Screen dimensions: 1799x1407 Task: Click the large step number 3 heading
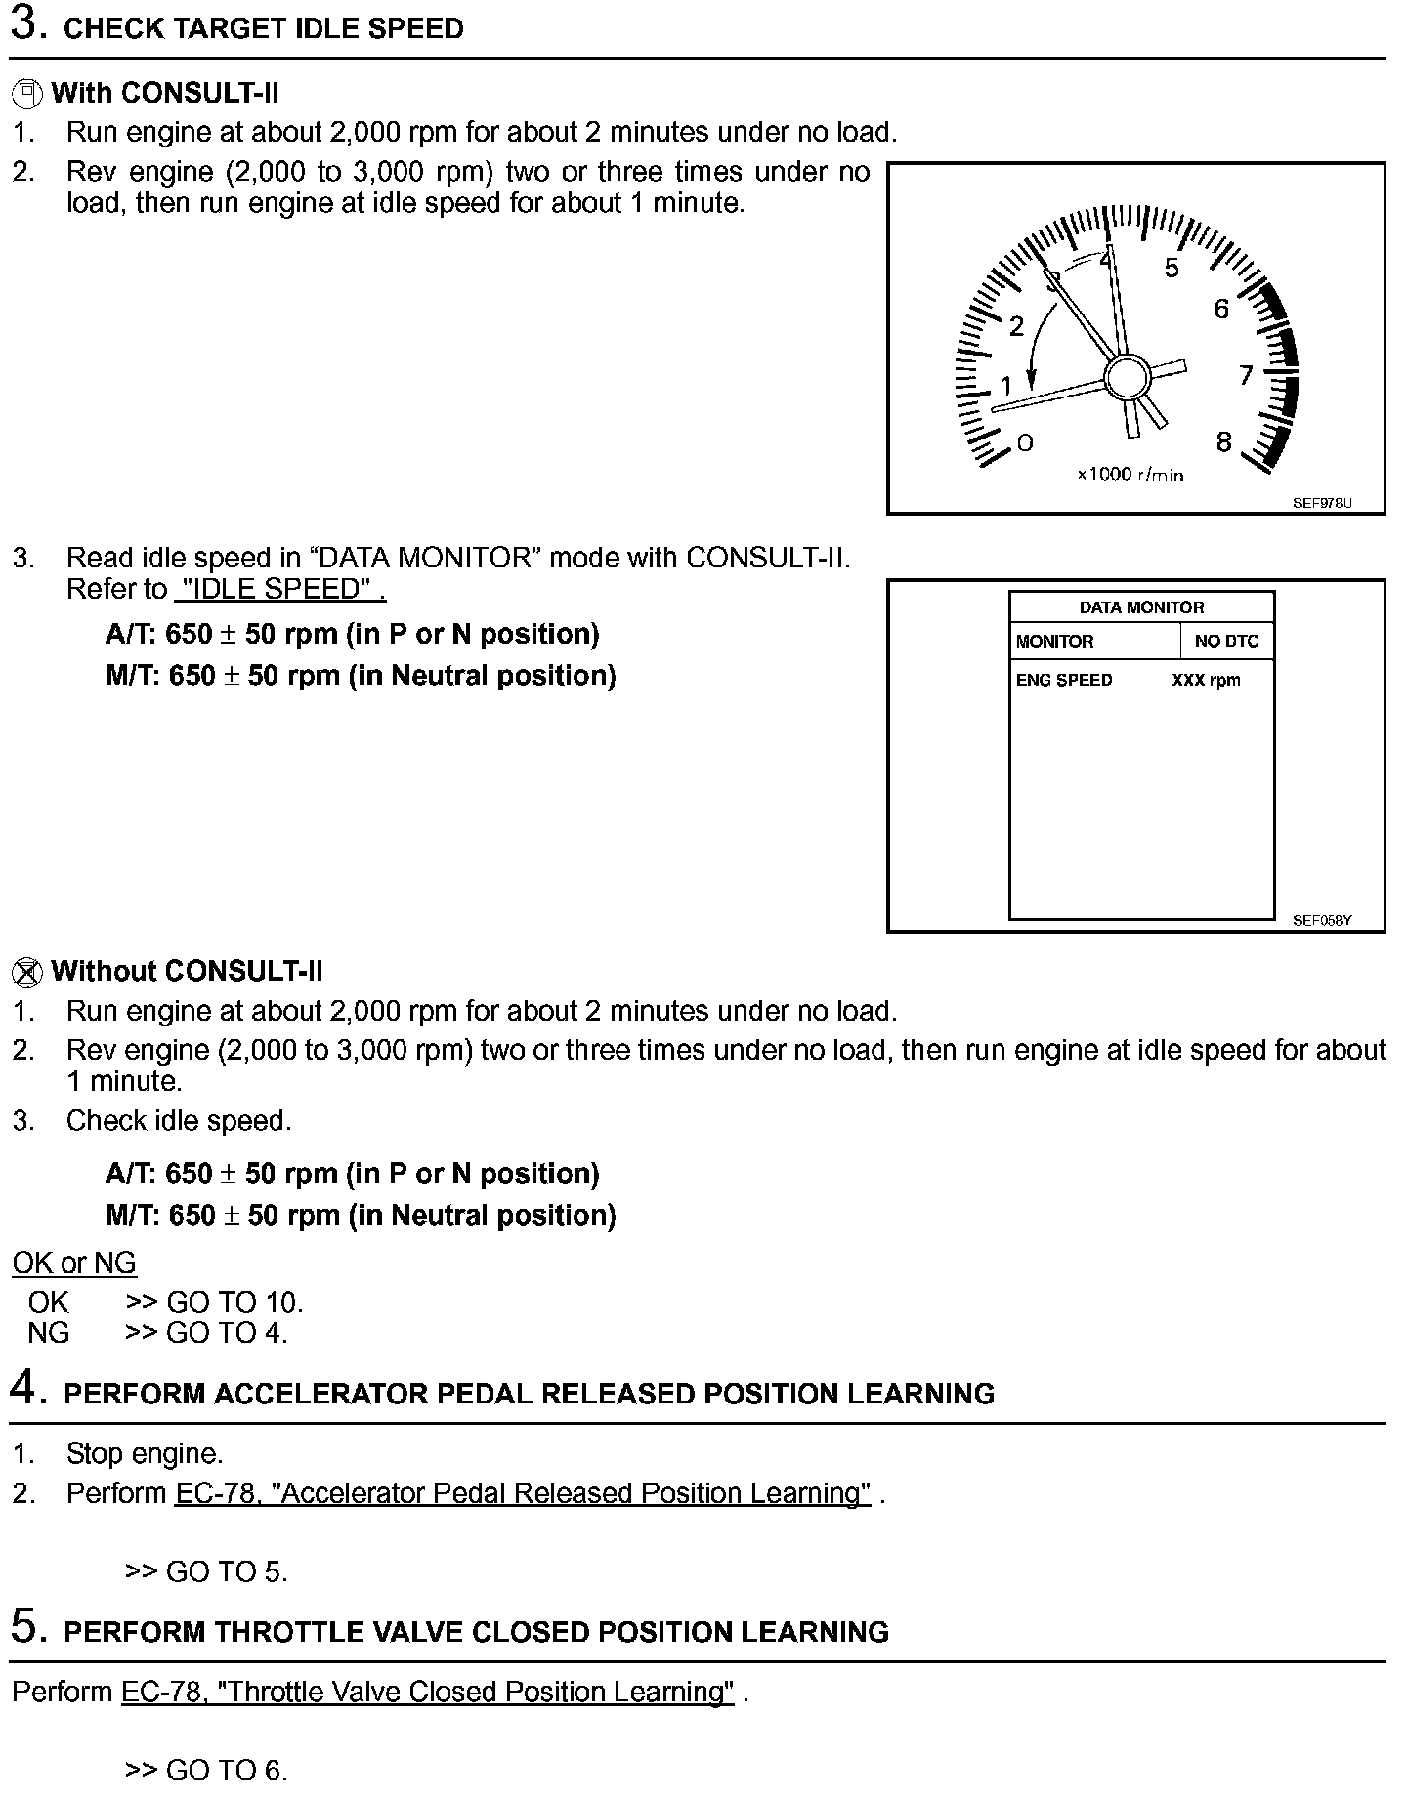pos(27,25)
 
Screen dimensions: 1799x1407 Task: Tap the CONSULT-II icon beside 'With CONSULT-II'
pos(27,95)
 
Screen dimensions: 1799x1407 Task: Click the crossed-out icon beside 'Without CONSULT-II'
pos(27,973)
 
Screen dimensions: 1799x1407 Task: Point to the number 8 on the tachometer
pos(1223,442)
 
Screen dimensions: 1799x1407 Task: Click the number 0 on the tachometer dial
pos(1024,443)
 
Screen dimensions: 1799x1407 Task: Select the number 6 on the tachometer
pos(1221,310)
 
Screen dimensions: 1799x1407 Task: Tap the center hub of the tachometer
pos(1129,378)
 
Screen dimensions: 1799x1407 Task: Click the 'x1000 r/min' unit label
pos(1130,475)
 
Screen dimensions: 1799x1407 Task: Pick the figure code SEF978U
pos(1321,503)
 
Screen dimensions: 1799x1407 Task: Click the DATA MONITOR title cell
pos(1141,607)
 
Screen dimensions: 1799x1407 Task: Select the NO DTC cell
pos(1226,642)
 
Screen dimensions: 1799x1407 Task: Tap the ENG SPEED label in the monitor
pos(1064,680)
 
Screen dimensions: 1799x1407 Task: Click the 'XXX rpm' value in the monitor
pos(1206,680)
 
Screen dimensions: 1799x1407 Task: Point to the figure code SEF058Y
pos(1322,920)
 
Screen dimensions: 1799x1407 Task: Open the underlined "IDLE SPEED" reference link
pos(279,590)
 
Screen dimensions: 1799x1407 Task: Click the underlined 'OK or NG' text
pos(74,1263)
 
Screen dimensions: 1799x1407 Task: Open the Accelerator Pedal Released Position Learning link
pos(523,1493)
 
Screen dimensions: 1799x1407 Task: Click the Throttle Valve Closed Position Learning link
pos(427,1693)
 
